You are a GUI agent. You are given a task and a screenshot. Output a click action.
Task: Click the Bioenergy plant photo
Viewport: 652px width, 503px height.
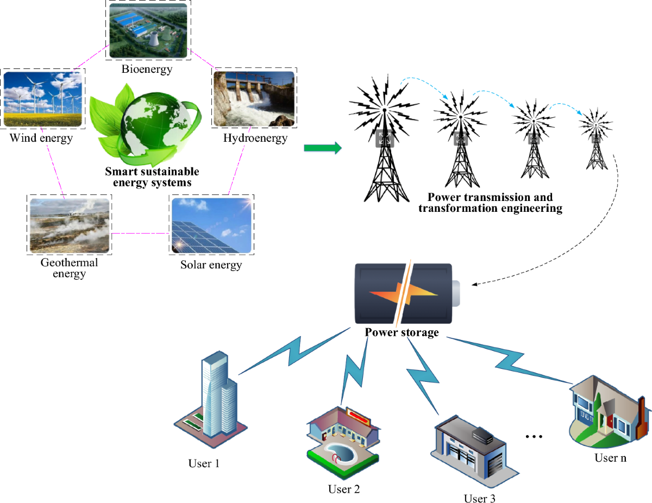(x=148, y=30)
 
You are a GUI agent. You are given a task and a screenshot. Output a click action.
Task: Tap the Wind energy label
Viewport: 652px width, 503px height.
(x=41, y=138)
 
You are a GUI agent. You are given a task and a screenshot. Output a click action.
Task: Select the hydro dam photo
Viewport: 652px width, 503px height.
(x=254, y=98)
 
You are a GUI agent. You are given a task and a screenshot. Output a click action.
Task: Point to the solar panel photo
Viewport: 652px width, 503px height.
(x=212, y=225)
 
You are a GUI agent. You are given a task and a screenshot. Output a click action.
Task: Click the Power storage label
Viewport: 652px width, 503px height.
(x=402, y=332)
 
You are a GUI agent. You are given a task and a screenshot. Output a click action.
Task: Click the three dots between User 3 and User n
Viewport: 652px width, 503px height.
(x=535, y=437)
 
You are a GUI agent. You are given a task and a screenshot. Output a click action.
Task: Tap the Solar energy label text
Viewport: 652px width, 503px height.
(x=211, y=265)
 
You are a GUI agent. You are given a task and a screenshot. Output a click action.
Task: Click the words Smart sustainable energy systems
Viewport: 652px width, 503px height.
(x=152, y=177)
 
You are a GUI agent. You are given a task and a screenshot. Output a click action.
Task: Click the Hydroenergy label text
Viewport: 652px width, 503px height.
(x=255, y=138)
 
